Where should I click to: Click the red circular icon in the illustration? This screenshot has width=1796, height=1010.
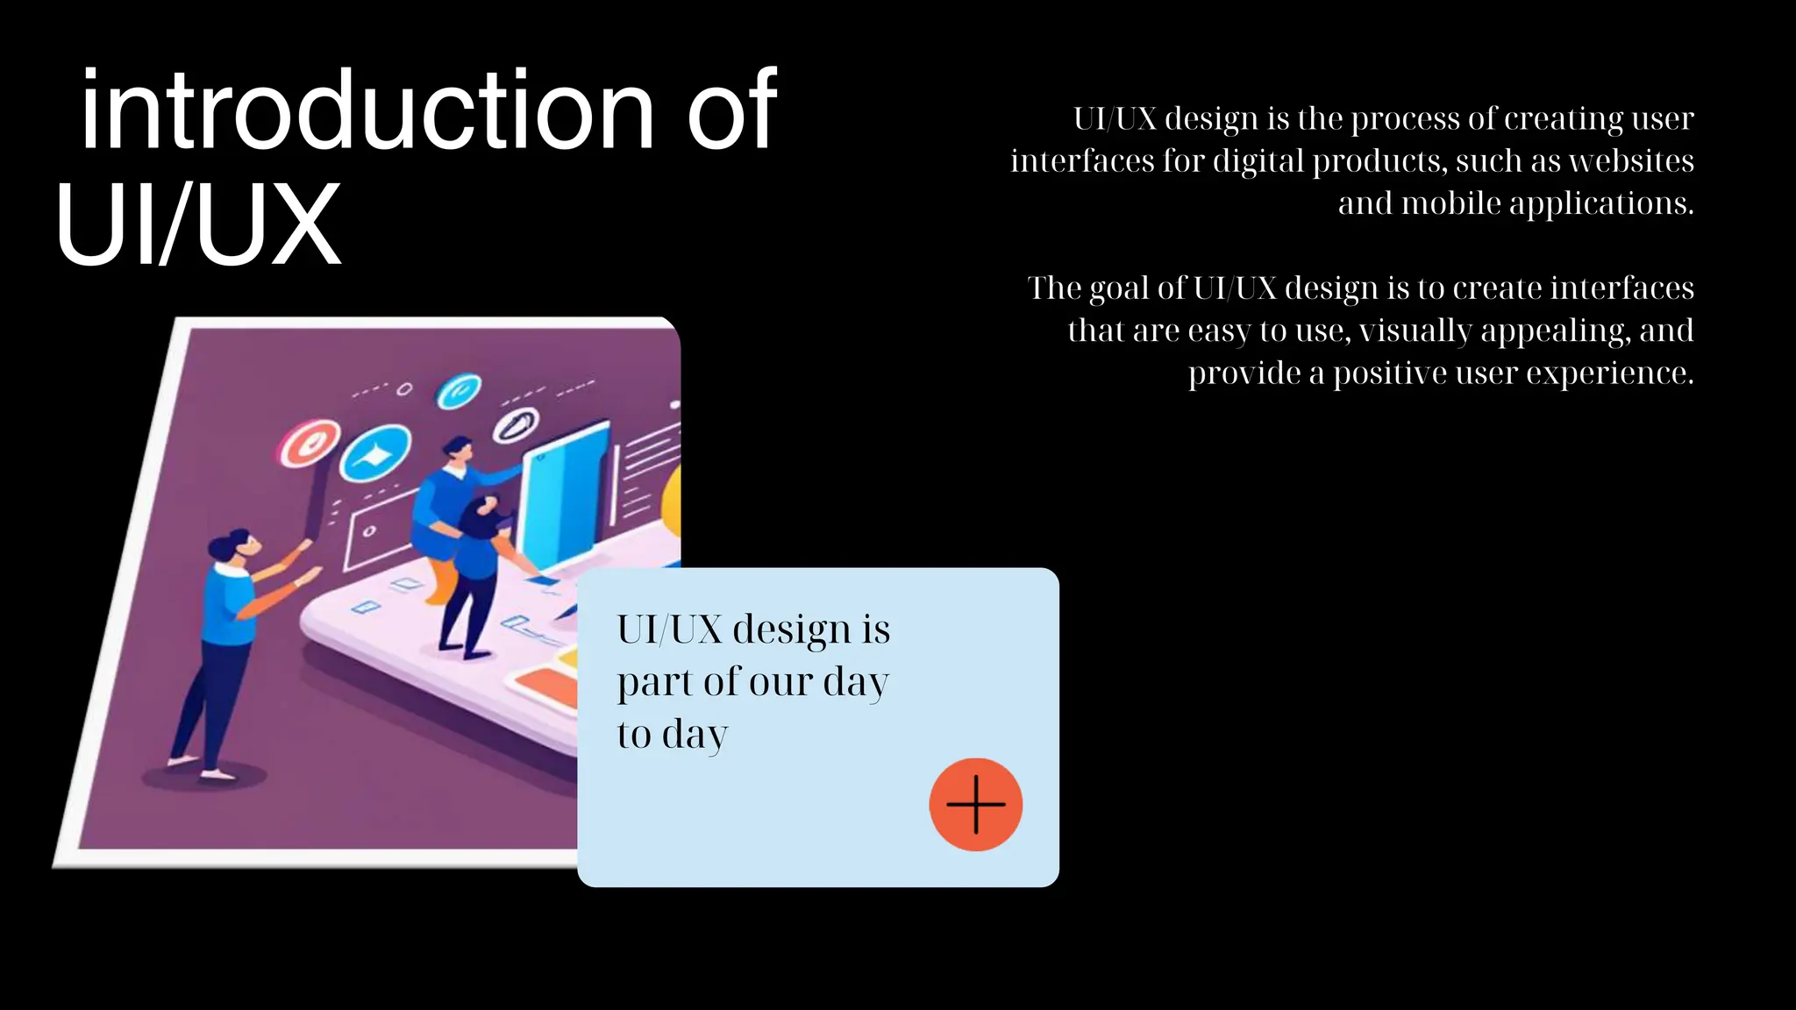[309, 444]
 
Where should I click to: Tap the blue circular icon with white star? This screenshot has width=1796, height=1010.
[375, 454]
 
